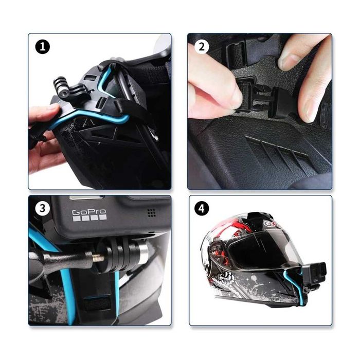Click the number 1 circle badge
(43, 47)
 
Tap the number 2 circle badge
(202, 47)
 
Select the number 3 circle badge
(43, 209)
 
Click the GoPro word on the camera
(88, 212)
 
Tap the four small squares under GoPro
(89, 218)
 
